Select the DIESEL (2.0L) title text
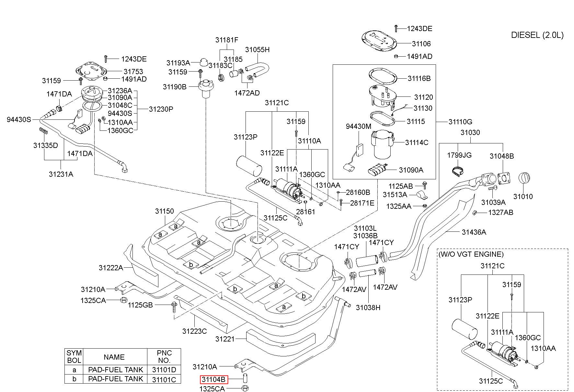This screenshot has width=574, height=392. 537,35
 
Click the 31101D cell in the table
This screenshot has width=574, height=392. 164,370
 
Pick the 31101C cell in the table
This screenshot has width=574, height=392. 164,379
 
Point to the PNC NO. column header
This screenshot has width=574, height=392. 164,356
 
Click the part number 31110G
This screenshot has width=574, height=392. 460,122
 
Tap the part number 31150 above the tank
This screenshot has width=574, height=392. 165,211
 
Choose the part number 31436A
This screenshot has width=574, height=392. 474,232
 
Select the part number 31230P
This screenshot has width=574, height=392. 161,109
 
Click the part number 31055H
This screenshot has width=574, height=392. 257,50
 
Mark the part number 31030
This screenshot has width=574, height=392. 470,132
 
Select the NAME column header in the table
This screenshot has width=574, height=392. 114,357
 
